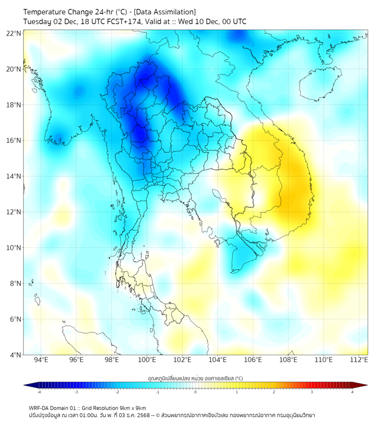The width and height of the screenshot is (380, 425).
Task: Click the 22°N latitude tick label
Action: click(x=14, y=34)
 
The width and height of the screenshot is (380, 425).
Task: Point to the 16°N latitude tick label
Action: click(x=14, y=141)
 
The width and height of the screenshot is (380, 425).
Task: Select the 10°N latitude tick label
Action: click(x=14, y=248)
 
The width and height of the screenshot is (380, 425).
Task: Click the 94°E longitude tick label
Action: click(x=40, y=360)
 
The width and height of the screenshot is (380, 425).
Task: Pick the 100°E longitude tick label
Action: click(x=147, y=360)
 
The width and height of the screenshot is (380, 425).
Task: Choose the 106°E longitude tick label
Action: click(x=253, y=360)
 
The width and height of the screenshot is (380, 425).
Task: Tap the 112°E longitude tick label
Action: click(x=359, y=360)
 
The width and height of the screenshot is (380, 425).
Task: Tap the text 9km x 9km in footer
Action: click(x=132, y=408)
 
